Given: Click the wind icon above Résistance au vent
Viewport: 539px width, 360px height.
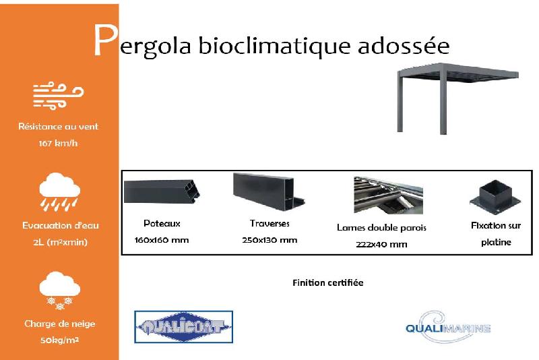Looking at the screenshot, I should [58, 96].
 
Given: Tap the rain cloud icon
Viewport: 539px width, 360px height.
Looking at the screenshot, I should [59, 191].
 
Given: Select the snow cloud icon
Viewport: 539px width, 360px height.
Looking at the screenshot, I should [59, 291].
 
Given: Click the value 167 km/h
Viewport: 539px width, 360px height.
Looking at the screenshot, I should [59, 144].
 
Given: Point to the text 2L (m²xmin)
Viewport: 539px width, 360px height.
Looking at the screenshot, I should [59, 242].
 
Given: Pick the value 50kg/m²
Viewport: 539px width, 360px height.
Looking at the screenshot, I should [59, 340].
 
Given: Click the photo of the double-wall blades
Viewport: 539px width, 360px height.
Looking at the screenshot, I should [381, 195].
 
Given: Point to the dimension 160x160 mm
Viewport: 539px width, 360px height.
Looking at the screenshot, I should [162, 240].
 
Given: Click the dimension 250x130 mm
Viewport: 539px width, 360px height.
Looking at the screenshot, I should [269, 240].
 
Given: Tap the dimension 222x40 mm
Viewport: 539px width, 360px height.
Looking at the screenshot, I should [381, 244].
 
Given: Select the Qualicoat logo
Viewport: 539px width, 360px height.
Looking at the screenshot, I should [184, 328].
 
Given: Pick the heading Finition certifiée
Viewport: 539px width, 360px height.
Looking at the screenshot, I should [328, 282].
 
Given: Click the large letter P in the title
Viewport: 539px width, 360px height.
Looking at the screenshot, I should [104, 41].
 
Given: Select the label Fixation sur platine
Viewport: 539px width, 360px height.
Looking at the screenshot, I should [496, 234].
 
